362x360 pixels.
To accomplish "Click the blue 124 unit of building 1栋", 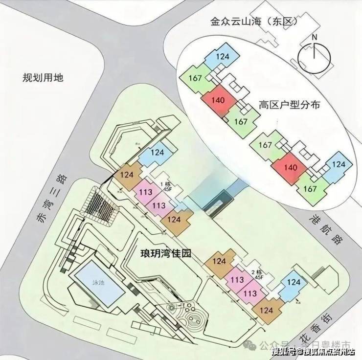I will coord(157,153).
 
